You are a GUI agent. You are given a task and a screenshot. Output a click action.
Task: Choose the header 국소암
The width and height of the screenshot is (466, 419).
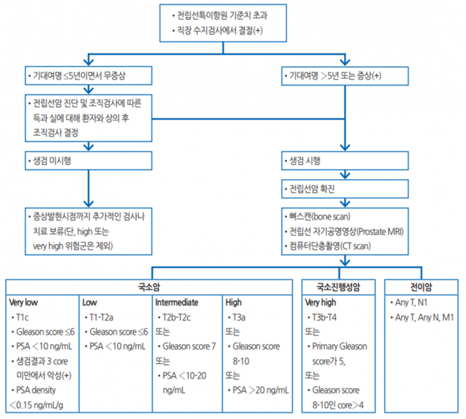[150, 287]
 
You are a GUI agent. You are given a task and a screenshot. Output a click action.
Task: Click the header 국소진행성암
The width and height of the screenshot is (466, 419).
[340, 287]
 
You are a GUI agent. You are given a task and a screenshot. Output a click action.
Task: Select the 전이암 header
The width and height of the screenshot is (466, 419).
[421, 287]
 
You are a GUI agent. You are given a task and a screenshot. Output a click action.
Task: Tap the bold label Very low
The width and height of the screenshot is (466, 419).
[25, 303]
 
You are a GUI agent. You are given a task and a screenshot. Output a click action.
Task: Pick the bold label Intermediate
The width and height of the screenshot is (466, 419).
[177, 303]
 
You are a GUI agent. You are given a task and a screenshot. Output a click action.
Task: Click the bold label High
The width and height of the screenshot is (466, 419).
[233, 303]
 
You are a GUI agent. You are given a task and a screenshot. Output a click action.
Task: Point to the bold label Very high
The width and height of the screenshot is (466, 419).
[321, 303]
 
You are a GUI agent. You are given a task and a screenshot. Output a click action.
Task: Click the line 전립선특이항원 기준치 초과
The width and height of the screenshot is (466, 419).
[228, 15]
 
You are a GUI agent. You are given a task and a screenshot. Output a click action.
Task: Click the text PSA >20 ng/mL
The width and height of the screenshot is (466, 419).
[259, 390]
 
